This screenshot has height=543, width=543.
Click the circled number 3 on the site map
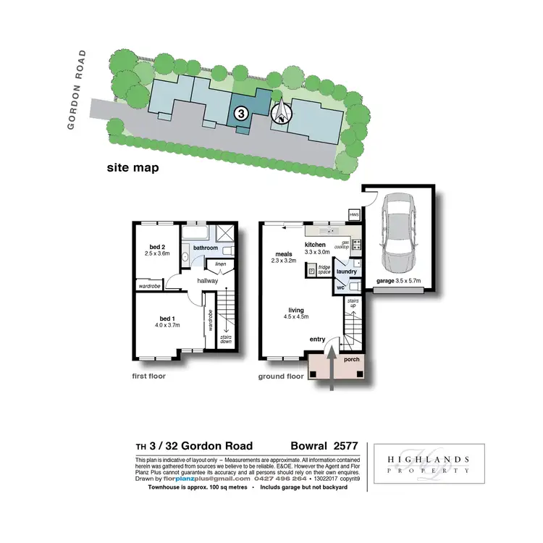pyautogui.click(x=242, y=113)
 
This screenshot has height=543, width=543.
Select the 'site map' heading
pyautogui.click(x=132, y=168)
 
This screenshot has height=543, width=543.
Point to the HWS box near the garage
pyautogui.click(x=354, y=215)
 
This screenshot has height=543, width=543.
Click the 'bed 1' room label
pyautogui.click(x=167, y=318)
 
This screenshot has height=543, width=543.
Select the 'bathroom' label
pyautogui.click(x=205, y=248)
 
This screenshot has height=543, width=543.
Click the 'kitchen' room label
pyautogui.click(x=316, y=245)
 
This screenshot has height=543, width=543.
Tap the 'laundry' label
pyautogui.click(x=347, y=271)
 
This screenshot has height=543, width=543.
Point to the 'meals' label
pyautogui.click(x=283, y=253)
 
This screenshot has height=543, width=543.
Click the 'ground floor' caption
pyautogui.click(x=281, y=376)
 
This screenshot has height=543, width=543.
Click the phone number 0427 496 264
pyautogui.click(x=279, y=479)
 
